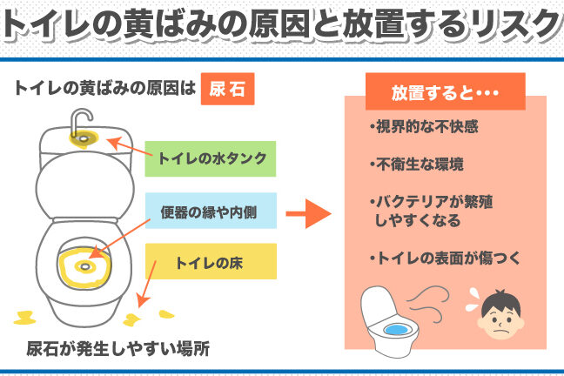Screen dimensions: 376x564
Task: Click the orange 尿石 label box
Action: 226,89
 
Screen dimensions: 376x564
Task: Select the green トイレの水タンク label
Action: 211,158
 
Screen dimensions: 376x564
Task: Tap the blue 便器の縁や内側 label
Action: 211,211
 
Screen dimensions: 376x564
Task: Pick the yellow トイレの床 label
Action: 211,261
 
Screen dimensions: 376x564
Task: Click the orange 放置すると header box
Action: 445,91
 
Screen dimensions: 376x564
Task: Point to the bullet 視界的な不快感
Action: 423,127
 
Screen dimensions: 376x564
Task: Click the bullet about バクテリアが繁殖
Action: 432,211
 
